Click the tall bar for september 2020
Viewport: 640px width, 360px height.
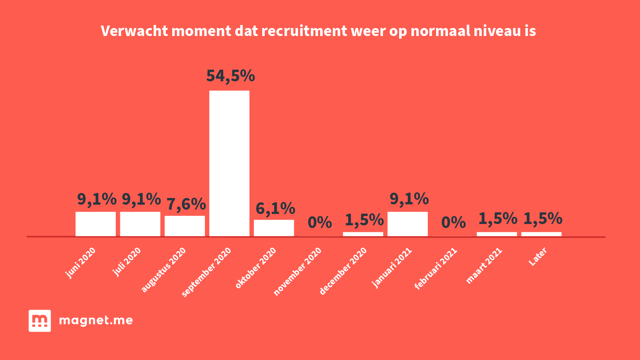[229, 163]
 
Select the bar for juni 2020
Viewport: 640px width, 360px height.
[96, 224]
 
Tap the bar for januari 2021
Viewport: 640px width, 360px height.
[407, 224]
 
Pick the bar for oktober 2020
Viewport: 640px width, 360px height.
[274, 228]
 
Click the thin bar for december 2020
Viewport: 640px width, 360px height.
[363, 234]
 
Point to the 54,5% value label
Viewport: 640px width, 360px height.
[231, 76]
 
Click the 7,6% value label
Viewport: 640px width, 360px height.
[186, 204]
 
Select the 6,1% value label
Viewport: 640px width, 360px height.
[275, 208]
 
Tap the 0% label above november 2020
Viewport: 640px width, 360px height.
[320, 222]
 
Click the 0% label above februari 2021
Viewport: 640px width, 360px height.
[453, 222]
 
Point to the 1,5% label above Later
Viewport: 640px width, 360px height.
[543, 219]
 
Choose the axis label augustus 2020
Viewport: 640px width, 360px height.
[164, 270]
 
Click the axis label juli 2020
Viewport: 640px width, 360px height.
[127, 262]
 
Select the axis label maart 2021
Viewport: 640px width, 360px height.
[484, 266]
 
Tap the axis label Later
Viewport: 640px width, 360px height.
[538, 257]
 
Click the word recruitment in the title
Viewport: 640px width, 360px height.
[304, 31]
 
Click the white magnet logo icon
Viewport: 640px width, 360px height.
[40, 321]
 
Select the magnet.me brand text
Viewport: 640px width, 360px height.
[96, 320]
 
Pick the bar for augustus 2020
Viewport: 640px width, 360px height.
[185, 226]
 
